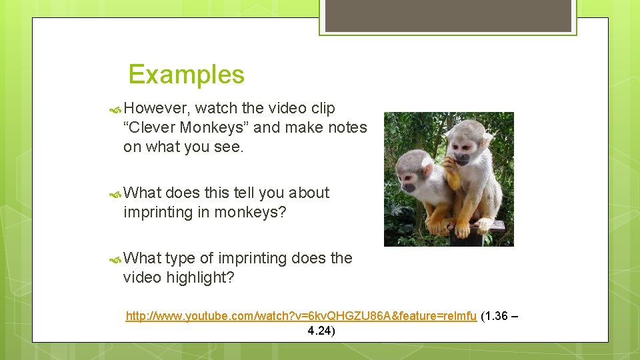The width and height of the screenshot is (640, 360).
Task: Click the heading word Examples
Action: (x=186, y=75)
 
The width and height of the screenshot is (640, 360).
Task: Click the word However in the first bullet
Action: (x=157, y=108)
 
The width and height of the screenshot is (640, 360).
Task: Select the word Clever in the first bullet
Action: (x=151, y=127)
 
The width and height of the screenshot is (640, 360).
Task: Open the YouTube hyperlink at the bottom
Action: (x=301, y=315)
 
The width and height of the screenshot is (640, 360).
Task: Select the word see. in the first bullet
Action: (x=229, y=147)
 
